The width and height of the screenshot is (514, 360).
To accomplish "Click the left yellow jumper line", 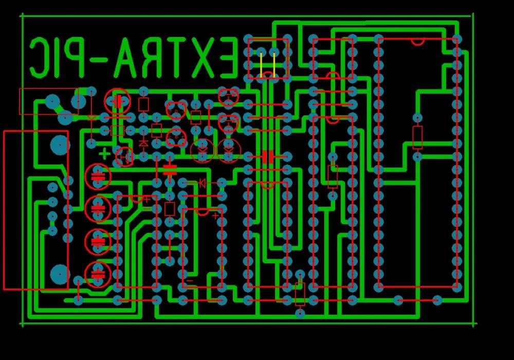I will pyautogui.click(x=261, y=64).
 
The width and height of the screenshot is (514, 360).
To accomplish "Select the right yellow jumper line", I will pyautogui.click(x=274, y=64).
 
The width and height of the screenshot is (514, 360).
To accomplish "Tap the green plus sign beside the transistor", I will pyautogui.click(x=104, y=153).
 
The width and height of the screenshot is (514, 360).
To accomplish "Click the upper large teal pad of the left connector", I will pyautogui.click(x=60, y=145).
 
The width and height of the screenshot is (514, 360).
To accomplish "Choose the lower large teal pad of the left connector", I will pyautogui.click(x=60, y=275).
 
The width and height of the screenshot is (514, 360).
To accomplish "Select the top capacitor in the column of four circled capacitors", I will pyautogui.click(x=98, y=177).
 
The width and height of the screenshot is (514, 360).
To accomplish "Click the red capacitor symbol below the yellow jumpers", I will pyautogui.click(x=267, y=157).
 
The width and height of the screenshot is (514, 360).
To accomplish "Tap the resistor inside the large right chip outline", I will pyautogui.click(x=417, y=137).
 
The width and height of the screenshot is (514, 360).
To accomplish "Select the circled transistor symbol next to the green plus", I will pyautogui.click(x=125, y=156).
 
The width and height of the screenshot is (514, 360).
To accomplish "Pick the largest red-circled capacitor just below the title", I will pyautogui.click(x=118, y=101).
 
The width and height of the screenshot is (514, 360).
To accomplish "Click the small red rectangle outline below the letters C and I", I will pyautogui.click(x=49, y=101).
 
